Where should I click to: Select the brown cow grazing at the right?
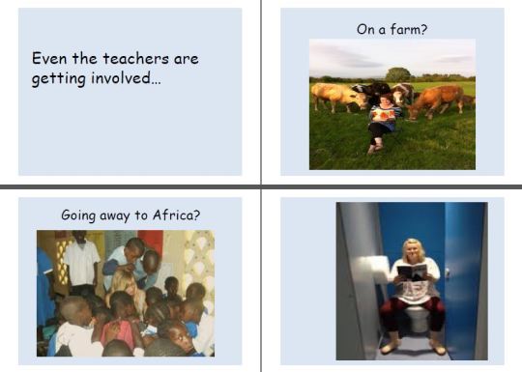(x=440, y=99)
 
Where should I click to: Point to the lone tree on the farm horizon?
(x=397, y=73)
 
